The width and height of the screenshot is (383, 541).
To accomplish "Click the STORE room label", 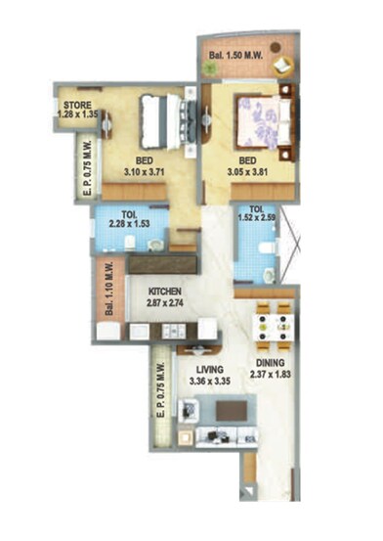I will (77, 105).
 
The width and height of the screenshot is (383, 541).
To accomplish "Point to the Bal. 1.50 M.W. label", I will (237, 69).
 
